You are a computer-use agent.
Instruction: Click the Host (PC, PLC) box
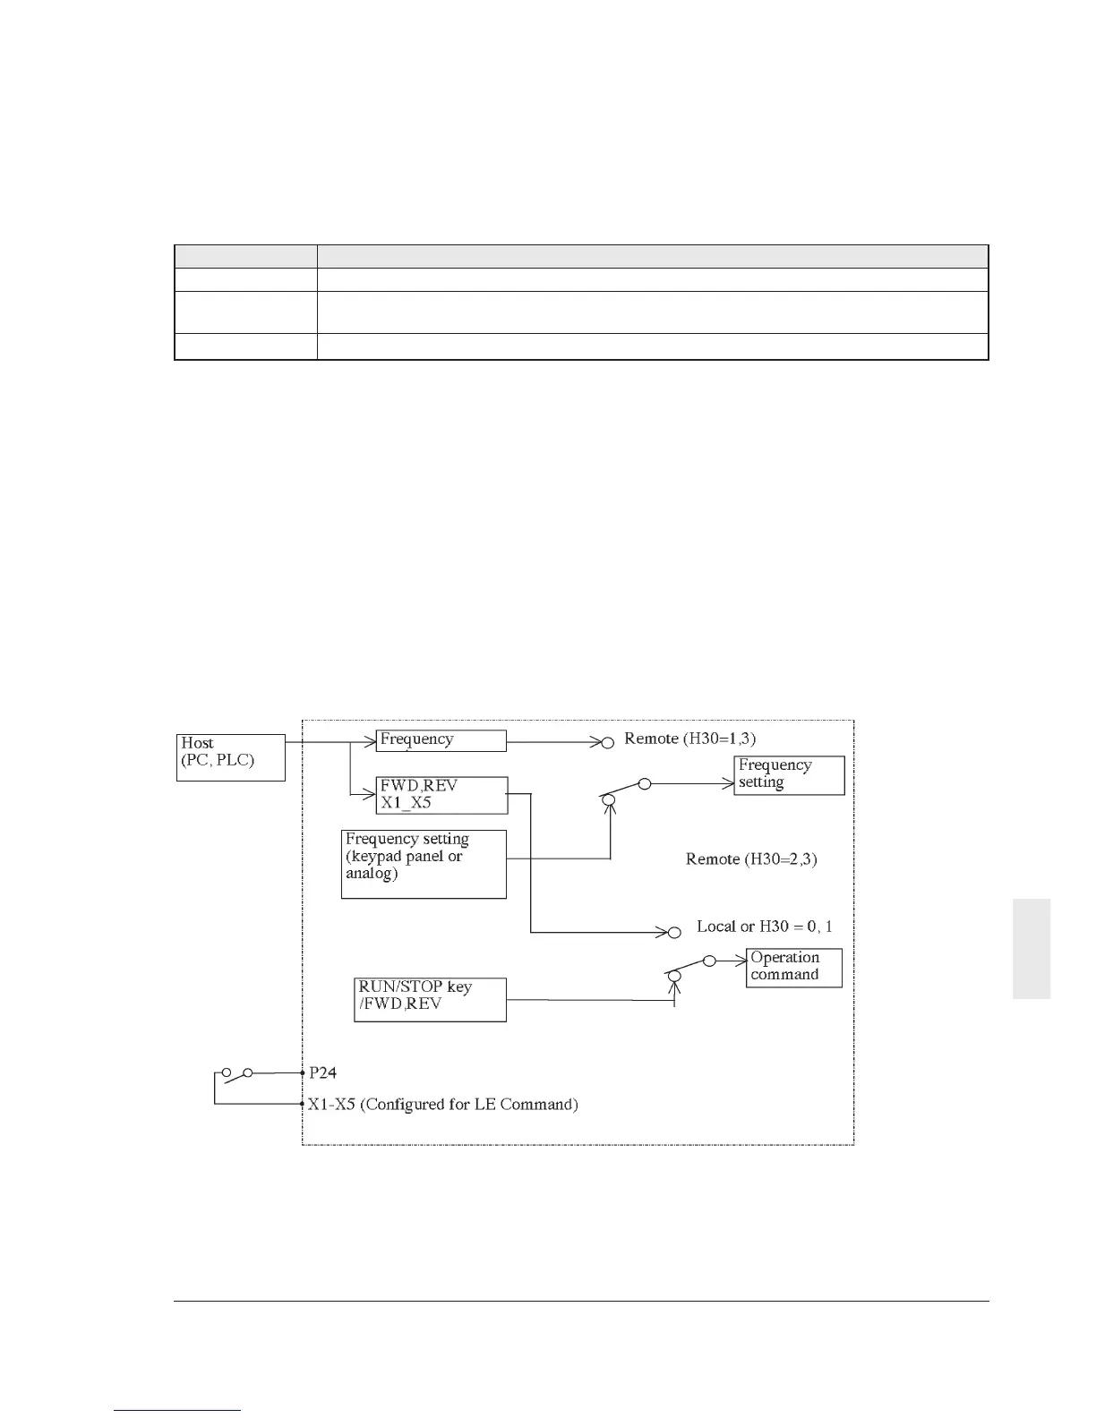pos(230,757)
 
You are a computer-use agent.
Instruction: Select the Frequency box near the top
pos(441,740)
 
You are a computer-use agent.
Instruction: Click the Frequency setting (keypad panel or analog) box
pos(424,864)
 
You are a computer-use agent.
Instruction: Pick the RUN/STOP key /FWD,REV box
pos(430,999)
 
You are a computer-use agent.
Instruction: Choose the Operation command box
pos(793,968)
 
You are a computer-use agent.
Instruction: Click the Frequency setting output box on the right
pos(789,775)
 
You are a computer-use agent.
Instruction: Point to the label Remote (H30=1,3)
pos(689,739)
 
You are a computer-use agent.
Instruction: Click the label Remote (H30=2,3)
pos(750,859)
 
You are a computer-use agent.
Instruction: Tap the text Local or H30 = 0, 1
pos(764,927)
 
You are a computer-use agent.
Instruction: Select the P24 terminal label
pos(322,1072)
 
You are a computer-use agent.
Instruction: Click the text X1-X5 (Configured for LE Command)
pos(442,1105)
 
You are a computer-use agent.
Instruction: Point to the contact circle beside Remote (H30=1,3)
pos(606,741)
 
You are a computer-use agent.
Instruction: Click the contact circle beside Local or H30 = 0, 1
pos(674,933)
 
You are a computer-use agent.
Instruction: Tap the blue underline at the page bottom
pos(178,1411)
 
